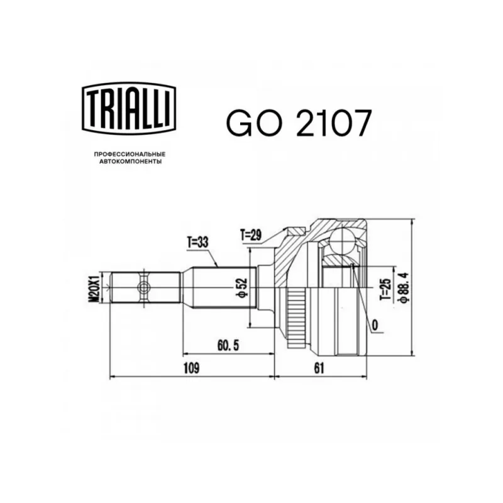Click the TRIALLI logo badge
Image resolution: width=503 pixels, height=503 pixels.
pyautogui.click(x=129, y=108)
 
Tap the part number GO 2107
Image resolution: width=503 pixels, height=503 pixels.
pyautogui.click(x=299, y=123)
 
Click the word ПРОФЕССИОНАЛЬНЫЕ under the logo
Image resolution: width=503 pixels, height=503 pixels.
pyautogui.click(x=130, y=154)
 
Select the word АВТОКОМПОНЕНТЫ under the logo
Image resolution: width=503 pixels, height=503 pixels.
pyautogui.click(x=130, y=162)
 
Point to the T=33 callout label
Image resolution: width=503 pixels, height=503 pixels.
pyautogui.click(x=197, y=243)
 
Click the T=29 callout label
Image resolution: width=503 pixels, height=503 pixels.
pyautogui.click(x=251, y=235)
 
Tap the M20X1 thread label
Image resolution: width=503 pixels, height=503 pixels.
pyautogui.click(x=94, y=287)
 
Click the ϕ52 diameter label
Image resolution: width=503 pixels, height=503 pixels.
pyautogui.click(x=243, y=287)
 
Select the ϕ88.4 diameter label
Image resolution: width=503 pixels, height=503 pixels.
pyautogui.click(x=403, y=287)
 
